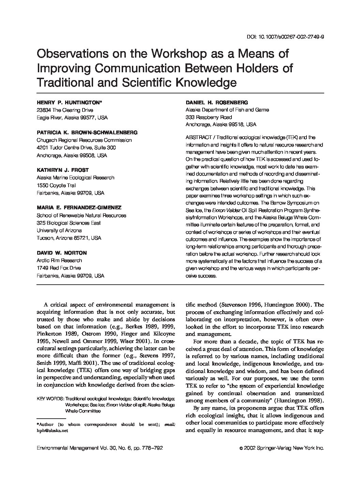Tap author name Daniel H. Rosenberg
pos(216,103)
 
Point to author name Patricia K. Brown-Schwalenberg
pos(87,133)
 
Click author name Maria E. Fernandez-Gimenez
pos(79,208)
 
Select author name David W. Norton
pos(62,253)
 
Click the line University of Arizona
pos(59,230)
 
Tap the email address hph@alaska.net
pos(52,430)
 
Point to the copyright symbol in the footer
pos(241,449)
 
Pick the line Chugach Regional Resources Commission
pos(84,140)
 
